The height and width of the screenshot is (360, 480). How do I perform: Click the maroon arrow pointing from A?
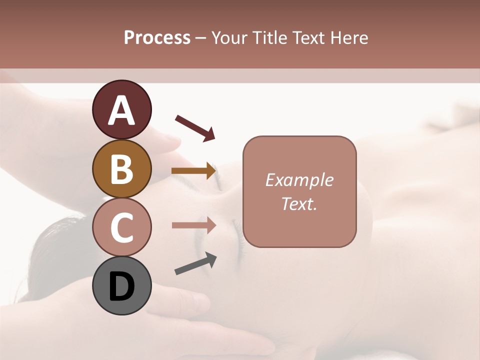pyautogui.click(x=195, y=127)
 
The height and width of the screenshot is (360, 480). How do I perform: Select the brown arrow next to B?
pyautogui.click(x=193, y=171)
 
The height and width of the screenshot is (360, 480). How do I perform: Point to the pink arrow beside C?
pyautogui.click(x=193, y=225)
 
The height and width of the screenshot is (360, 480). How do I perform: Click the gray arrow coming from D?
pyautogui.click(x=195, y=263)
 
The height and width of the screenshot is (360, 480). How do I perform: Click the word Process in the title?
pyautogui.click(x=157, y=37)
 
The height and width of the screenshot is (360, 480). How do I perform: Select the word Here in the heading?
pyautogui.click(x=349, y=37)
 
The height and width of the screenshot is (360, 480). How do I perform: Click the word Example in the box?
pyautogui.click(x=299, y=180)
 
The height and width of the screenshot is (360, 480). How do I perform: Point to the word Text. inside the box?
pyautogui.click(x=299, y=203)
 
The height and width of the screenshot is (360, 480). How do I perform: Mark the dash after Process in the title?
pyautogui.click(x=201, y=38)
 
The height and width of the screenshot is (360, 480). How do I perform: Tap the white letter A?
pyautogui.click(x=121, y=110)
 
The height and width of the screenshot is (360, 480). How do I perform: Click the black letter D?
pyautogui.click(x=121, y=286)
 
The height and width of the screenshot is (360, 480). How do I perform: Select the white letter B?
pyautogui.click(x=121, y=168)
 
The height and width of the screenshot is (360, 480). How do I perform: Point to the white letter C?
pyautogui.click(x=121, y=227)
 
